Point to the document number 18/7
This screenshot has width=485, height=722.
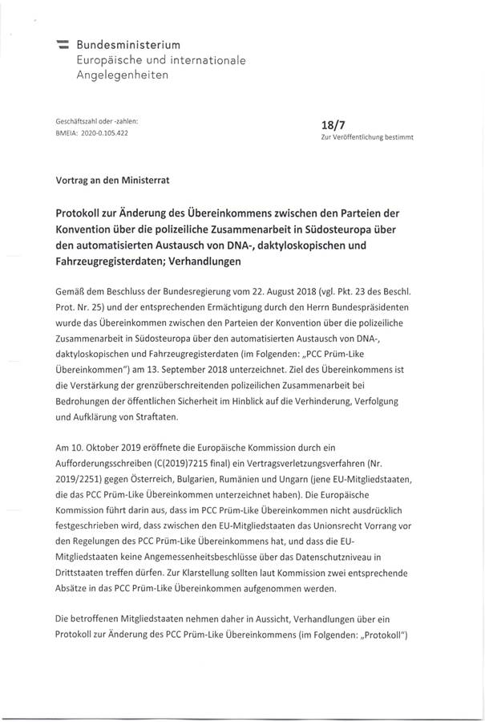[x=332, y=124]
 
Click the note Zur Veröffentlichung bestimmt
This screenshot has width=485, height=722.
[x=366, y=138]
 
